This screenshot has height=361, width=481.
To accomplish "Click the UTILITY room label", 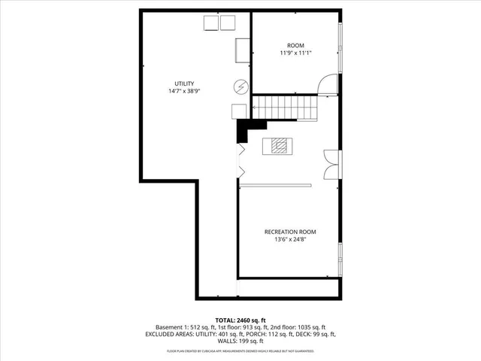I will (184, 83).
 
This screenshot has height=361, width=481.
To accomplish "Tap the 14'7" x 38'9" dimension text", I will (184, 91).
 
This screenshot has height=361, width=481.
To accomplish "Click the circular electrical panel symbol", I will (240, 86).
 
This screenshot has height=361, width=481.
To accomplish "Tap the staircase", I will (285, 106).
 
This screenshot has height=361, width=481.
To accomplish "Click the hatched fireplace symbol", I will (279, 146).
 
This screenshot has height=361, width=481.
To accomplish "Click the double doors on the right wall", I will (330, 164).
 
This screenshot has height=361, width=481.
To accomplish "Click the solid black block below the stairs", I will (244, 131).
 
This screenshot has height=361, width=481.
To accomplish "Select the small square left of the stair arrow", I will (237, 110).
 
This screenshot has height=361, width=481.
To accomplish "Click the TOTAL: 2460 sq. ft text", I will (240, 320).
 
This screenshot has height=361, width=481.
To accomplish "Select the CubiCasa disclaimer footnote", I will (240, 350).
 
